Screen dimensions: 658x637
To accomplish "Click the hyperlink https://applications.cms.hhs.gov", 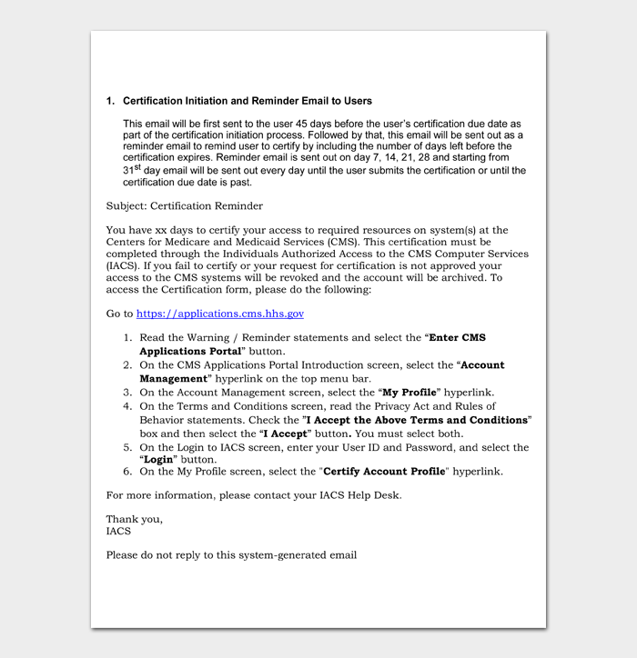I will (220, 314).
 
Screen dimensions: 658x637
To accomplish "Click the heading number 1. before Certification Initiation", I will (111, 101).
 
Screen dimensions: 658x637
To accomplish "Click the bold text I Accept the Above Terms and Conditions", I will (416, 421).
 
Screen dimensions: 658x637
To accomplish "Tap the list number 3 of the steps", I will (127, 393).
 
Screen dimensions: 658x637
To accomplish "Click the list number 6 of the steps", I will (127, 472).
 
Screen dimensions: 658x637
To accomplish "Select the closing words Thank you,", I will (135, 519).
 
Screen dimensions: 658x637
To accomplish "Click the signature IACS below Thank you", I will (118, 531).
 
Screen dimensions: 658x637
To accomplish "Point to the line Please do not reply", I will (231, 554).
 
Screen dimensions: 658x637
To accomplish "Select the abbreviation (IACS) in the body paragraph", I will (124, 266).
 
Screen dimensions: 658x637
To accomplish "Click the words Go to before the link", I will (119, 314).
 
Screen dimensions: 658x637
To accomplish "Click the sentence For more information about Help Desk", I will (253, 495).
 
